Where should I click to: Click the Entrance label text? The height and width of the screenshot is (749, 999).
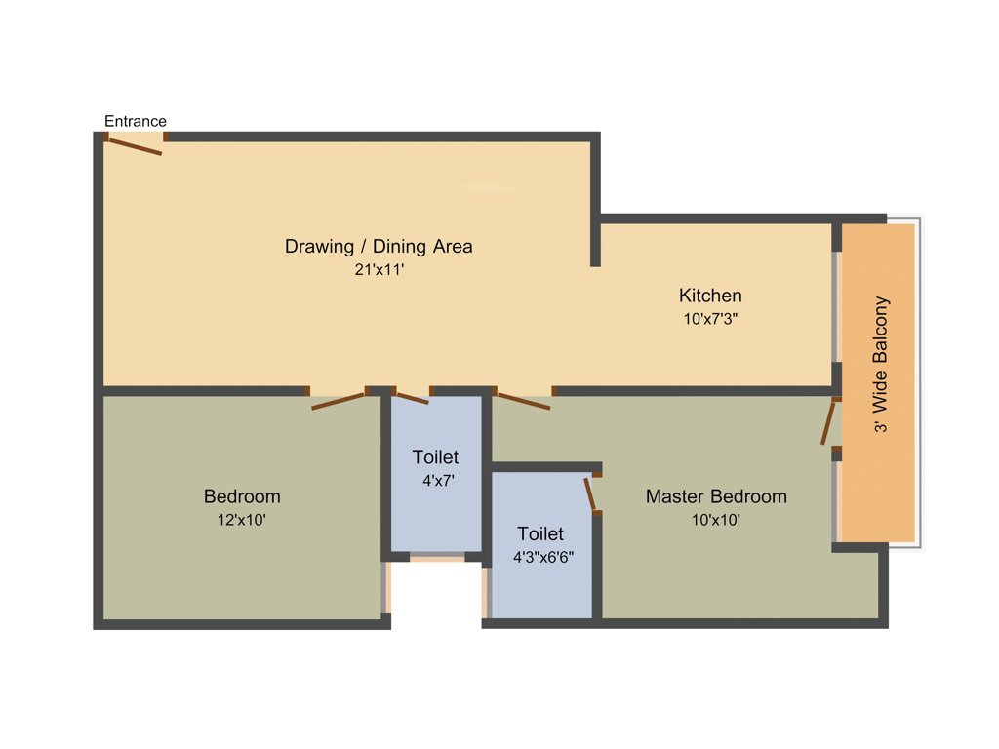pos(136,121)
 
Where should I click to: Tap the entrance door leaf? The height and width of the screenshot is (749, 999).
pos(135,146)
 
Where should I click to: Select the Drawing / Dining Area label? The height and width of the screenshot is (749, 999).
pos(379,246)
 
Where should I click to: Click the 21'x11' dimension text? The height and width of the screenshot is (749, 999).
pos(379,270)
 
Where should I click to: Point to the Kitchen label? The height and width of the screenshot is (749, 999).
pos(710,295)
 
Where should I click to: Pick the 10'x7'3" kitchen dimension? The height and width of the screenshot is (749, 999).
pos(710,318)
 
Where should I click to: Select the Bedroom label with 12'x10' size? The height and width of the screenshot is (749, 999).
pos(242,495)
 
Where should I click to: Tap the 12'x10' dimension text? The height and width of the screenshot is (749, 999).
pos(242,520)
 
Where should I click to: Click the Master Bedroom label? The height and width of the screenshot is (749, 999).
pos(716,496)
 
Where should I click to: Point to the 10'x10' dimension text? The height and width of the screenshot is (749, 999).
pos(716,520)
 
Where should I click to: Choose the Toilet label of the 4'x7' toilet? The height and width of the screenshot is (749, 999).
pos(435,456)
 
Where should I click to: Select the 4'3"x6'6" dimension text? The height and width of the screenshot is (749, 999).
pos(543,558)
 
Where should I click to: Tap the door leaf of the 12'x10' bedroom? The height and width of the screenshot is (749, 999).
pos(339,401)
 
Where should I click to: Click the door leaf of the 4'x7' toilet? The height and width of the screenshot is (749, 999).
pos(412,397)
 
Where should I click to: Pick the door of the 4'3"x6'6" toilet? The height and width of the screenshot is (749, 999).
pos(590,493)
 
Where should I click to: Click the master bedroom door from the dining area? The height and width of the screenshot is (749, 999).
pos(523,400)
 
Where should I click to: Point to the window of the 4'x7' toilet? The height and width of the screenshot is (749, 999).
pos(436,557)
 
